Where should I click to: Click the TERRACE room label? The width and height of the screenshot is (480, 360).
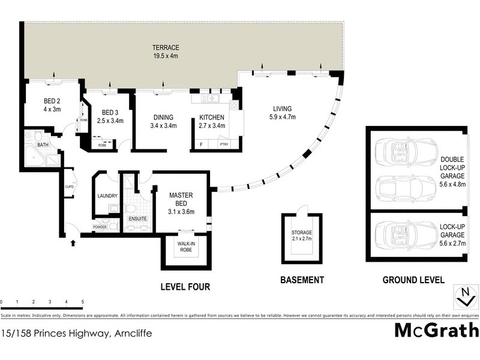(x=166, y=47)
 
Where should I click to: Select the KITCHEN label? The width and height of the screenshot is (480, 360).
(x=211, y=118)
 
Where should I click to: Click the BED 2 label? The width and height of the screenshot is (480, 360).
(x=52, y=100)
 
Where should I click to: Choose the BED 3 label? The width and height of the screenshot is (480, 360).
(x=110, y=112)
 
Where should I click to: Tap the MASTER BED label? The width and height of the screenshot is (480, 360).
(x=180, y=199)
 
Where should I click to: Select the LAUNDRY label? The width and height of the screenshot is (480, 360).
(x=107, y=196)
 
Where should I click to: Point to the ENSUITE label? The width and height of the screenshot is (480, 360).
(x=137, y=220)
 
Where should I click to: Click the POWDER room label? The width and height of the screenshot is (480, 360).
(x=100, y=227)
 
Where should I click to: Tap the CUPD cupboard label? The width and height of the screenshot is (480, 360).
(x=69, y=187)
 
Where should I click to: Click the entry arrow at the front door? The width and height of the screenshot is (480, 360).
(x=74, y=243)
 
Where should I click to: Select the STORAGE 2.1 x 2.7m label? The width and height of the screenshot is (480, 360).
(x=302, y=236)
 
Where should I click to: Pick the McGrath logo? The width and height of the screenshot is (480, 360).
(x=436, y=330)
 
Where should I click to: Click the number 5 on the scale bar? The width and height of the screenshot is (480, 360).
(x=82, y=302)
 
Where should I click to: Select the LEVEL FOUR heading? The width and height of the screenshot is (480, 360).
(x=185, y=287)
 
